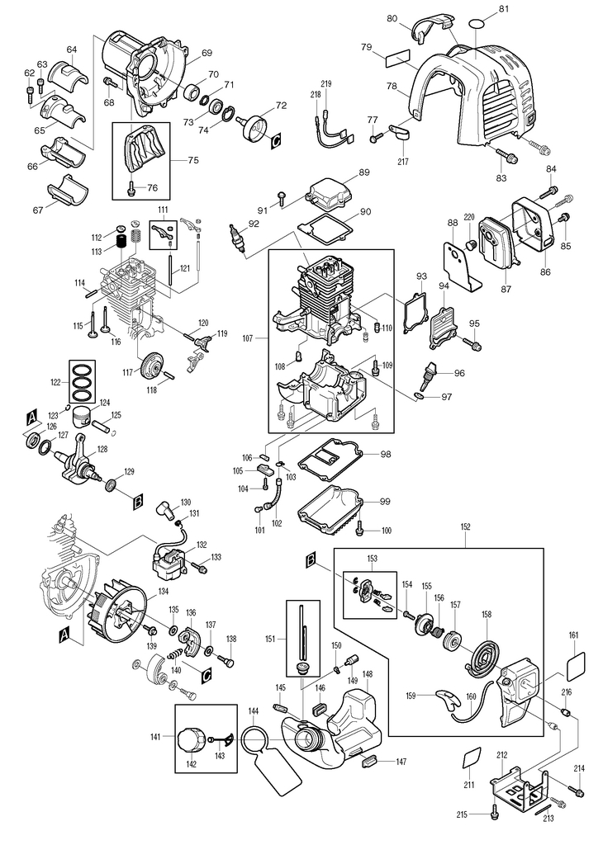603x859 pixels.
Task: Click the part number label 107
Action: click(247, 338)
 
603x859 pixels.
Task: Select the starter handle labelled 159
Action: click(447, 701)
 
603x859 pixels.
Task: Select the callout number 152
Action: click(465, 527)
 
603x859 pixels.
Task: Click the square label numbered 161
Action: click(574, 664)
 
